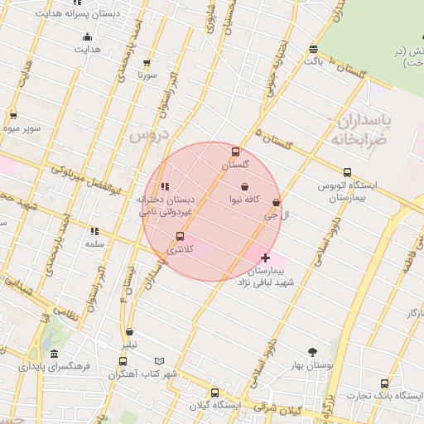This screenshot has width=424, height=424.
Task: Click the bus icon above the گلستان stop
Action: [236, 152]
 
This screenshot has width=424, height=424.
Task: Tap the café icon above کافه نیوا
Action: [244, 188]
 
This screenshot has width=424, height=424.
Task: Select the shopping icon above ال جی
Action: [276, 203]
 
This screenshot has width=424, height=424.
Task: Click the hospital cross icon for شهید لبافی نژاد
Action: [265, 258]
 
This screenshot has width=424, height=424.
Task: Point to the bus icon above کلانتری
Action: [180, 236]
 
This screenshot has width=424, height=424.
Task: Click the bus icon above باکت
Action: [312, 49]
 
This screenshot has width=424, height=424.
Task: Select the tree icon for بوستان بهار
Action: [312, 352]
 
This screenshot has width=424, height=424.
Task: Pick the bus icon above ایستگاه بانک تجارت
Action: [384, 383]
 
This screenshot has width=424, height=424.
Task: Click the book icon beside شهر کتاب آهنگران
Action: [160, 362]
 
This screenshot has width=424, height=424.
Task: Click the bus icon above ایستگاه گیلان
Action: [215, 393]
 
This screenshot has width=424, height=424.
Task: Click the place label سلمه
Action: [94, 244]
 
